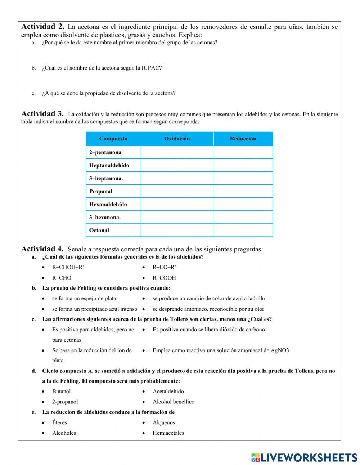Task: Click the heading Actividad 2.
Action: click(43, 27)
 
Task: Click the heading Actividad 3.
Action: click(42, 114)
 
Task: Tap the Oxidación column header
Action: click(177, 139)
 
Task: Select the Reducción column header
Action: click(243, 139)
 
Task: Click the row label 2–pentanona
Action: click(105, 152)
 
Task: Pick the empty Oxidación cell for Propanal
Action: click(177, 191)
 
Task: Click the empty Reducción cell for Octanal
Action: click(243, 230)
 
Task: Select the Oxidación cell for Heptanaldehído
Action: click(177, 165)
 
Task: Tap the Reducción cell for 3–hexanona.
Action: click(243, 217)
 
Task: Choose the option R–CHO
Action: click(62, 278)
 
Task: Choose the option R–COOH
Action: click(164, 278)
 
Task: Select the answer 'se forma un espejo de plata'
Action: click(84, 298)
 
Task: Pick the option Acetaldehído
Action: click(168, 391)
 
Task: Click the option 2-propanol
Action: click(65, 402)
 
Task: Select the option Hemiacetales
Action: click(168, 433)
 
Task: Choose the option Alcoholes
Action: click(64, 433)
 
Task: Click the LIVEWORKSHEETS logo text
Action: click(309, 457)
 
